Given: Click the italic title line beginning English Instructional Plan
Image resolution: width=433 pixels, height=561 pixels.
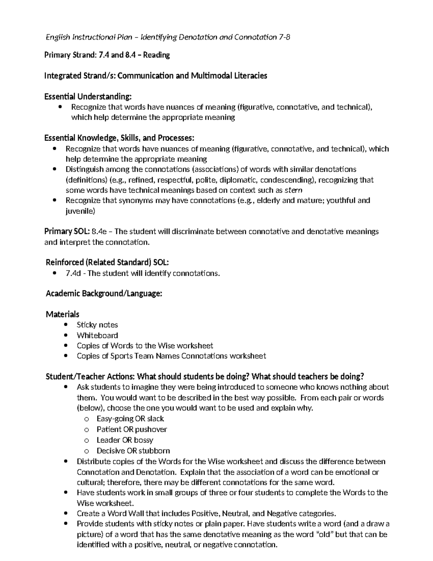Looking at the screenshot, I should pos(167,37).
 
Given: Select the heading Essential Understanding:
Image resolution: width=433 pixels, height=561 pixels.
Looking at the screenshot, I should pos(88,96).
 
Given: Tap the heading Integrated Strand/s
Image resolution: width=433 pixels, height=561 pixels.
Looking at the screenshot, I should pos(155,76).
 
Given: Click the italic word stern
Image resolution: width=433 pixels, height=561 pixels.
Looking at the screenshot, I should pos(293,190).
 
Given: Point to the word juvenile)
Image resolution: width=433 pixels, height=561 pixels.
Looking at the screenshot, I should pos(80,211).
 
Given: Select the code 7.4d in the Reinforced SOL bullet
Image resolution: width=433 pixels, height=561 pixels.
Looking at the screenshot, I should pos(73,273).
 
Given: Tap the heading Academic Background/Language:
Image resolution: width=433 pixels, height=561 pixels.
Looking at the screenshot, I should pos(104,294).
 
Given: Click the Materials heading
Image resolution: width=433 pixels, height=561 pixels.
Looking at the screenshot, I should pos(62,314).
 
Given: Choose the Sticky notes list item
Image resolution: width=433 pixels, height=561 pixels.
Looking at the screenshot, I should pos(97,325).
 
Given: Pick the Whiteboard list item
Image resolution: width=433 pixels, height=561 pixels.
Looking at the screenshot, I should pos(97,335).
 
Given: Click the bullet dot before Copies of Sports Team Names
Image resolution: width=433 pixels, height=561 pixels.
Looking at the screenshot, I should pos(65,356).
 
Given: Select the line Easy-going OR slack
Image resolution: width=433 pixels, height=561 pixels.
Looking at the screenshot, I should pos(130,419).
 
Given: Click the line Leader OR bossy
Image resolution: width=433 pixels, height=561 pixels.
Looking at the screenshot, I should pos(125,440).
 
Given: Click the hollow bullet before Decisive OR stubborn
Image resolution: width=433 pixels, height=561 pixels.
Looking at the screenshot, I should pos(86,451).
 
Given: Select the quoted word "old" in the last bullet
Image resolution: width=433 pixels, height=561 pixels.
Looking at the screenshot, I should pos(325,534).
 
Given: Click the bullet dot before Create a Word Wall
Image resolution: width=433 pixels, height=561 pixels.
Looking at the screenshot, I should pos(65,513).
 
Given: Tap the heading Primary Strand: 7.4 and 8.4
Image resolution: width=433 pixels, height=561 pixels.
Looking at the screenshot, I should pos(107,55).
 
